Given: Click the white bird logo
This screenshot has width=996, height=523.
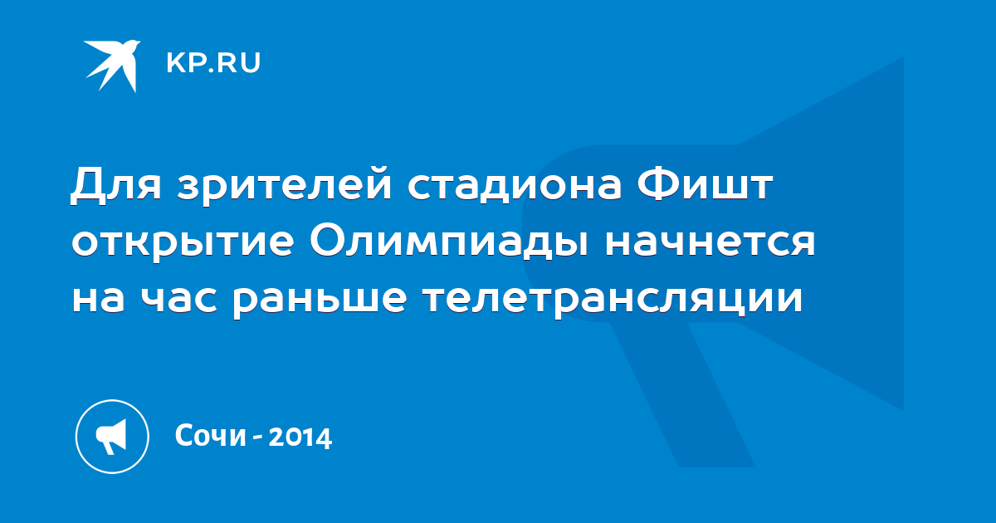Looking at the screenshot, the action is pos(112,66).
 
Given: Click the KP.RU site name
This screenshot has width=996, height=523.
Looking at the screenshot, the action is pos(213,63).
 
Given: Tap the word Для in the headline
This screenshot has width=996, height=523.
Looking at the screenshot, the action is pos(116,184).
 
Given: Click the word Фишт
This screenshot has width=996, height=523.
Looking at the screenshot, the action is pos(705,183).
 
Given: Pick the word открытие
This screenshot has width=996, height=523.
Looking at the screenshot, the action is pos(183,243).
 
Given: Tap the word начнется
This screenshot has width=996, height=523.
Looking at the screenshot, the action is pos(710,242).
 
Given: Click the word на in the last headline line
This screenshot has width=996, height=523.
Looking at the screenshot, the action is pos(98,299).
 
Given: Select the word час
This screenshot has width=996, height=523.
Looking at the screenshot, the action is pos(179,299).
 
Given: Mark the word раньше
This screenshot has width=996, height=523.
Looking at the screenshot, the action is pos(320,301).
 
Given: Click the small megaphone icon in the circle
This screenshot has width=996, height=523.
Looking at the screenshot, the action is pos(111,437).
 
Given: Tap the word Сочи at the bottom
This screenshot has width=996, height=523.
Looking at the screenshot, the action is pos(210,435).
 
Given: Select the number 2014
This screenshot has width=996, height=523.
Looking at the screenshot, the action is pos(300,437).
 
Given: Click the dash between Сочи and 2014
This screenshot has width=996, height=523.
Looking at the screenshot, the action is pos(257,437).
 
